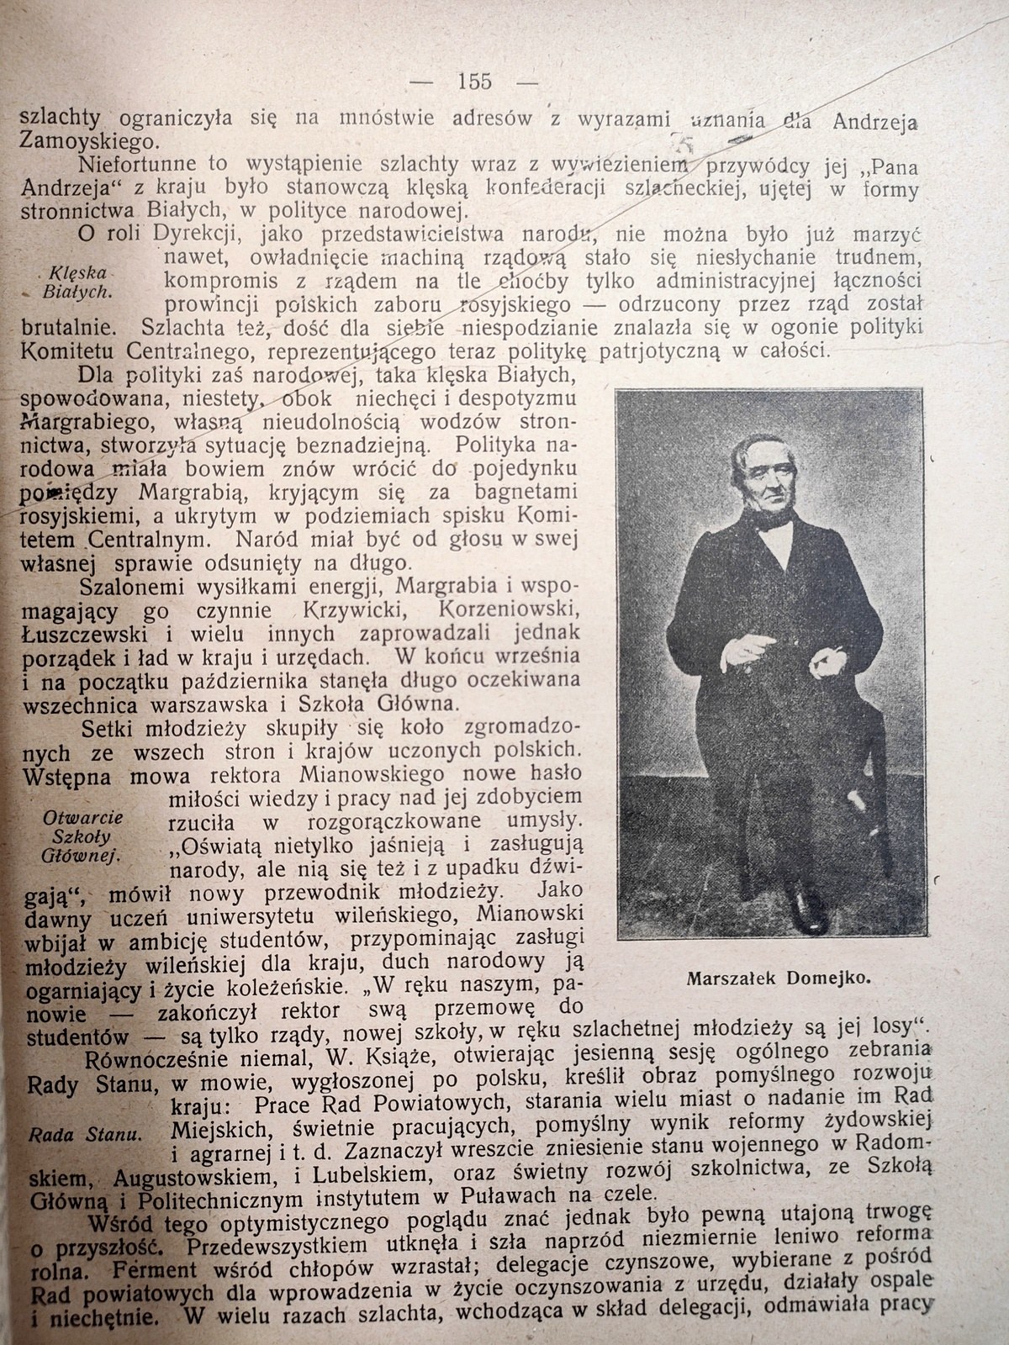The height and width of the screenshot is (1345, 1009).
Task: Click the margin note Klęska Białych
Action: [76, 282]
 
